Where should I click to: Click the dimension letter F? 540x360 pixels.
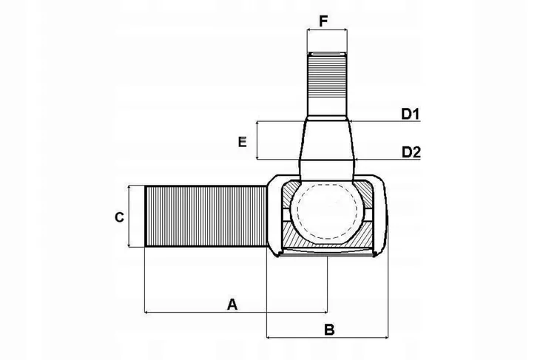click(x=323, y=21)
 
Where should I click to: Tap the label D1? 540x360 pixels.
click(x=411, y=114)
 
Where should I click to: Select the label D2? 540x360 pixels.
click(x=411, y=152)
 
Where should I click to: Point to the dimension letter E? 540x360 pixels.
click(x=243, y=142)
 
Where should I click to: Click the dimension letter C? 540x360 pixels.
click(x=119, y=217)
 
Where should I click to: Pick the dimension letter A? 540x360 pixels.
click(x=232, y=305)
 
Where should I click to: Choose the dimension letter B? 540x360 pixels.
click(x=329, y=330)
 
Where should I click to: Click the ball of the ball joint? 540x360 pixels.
click(x=327, y=211)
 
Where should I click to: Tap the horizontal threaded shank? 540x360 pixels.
click(x=206, y=216)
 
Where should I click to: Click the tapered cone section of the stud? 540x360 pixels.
click(x=327, y=140)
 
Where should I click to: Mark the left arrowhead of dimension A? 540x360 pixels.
click(x=147, y=312)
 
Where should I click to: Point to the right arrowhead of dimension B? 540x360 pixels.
click(x=385, y=337)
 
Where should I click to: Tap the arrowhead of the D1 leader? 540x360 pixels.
click(x=352, y=121)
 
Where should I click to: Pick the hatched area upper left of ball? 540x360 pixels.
click(x=289, y=194)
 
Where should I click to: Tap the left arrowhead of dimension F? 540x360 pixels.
click(x=309, y=30)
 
